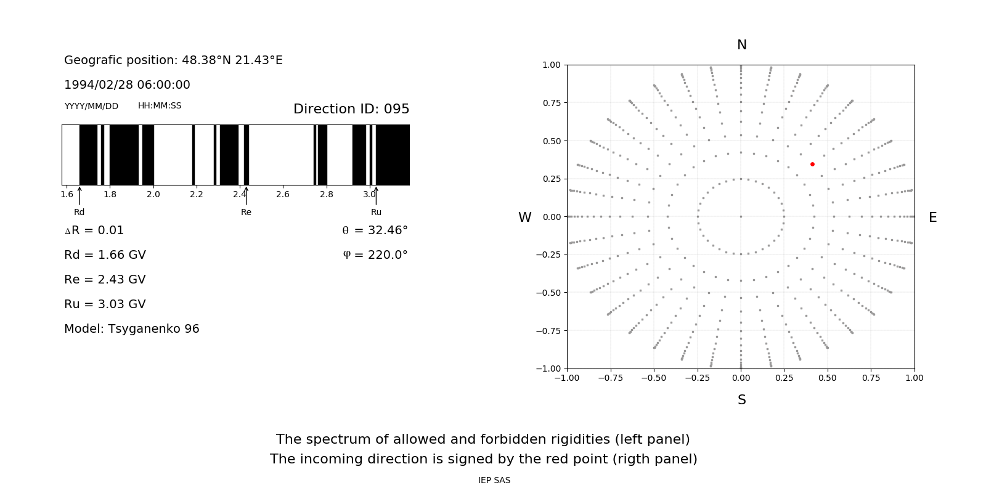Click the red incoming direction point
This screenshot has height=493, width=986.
[812, 164]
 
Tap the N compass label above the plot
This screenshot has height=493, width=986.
[742, 45]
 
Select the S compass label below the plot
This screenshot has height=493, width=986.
[742, 400]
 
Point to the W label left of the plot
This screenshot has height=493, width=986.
[524, 218]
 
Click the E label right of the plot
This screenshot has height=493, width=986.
[932, 218]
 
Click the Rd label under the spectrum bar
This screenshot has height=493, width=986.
[79, 212]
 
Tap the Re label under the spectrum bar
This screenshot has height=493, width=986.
[246, 212]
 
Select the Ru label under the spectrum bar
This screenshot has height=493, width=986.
[376, 212]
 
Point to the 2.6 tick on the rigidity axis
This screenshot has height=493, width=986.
[283, 194]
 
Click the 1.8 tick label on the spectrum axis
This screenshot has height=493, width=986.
[110, 194]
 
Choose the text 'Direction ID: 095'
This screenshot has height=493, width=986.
[351, 109]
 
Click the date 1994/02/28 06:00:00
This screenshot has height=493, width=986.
[127, 85]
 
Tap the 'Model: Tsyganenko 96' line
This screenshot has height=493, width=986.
[132, 329]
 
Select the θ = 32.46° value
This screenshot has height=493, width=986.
[375, 230]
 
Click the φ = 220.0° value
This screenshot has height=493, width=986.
[375, 255]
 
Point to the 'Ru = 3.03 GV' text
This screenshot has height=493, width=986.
[105, 304]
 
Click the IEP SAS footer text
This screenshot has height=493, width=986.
[494, 480]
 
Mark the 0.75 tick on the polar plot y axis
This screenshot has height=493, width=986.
[551, 103]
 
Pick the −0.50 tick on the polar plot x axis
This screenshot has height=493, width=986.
[654, 378]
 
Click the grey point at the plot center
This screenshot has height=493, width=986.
[741, 216]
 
